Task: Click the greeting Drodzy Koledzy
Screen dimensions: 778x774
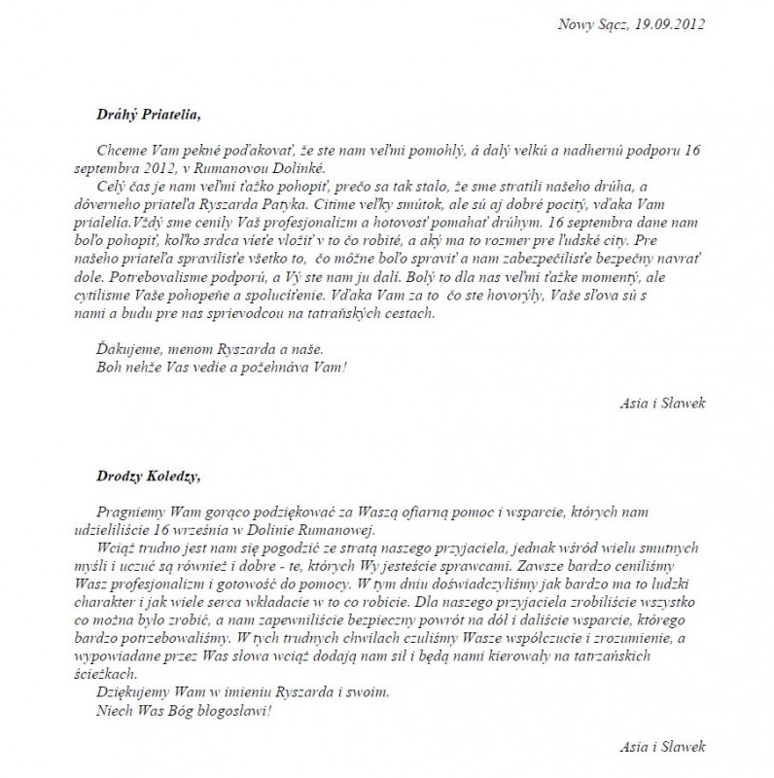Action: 149,476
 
